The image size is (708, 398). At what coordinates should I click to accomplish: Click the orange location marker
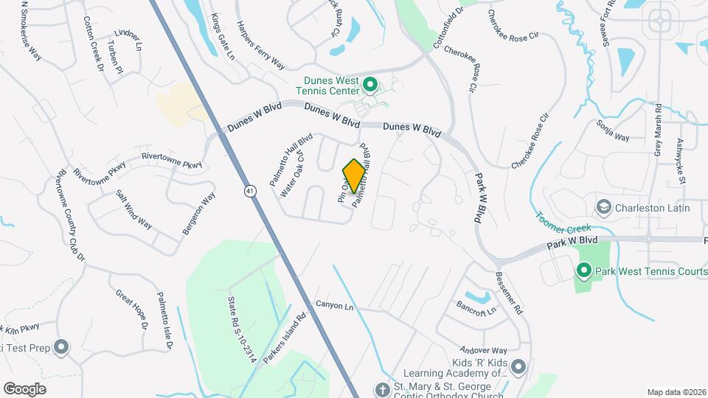coord(354,175)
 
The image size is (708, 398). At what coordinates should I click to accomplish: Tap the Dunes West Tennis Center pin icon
coord(369,85)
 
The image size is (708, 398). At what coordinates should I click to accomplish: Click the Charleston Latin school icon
coord(605,207)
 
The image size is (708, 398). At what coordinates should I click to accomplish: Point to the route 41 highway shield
coord(251,192)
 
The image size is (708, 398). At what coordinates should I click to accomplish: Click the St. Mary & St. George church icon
coord(382,388)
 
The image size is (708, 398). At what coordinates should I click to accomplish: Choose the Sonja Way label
coord(612,130)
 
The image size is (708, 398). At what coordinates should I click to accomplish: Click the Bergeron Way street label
coord(200,214)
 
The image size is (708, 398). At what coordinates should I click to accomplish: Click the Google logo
coord(24,388)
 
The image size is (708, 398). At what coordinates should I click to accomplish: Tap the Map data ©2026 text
coord(676,392)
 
